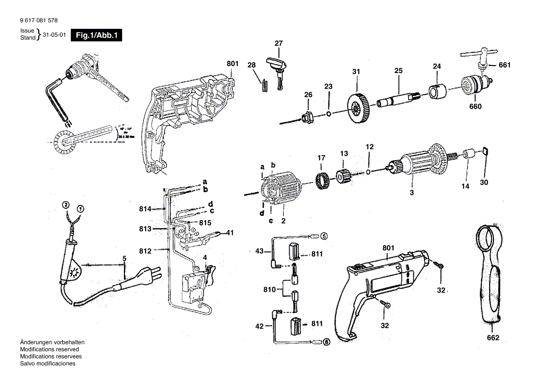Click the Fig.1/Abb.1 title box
point(96,35)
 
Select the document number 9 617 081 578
point(40,21)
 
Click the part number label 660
point(475,107)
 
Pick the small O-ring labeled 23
point(328,113)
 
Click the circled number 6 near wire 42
point(326,342)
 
